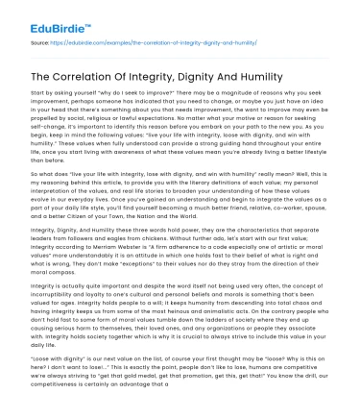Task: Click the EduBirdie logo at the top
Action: tap(44, 17)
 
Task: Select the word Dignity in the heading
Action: tap(222, 76)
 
